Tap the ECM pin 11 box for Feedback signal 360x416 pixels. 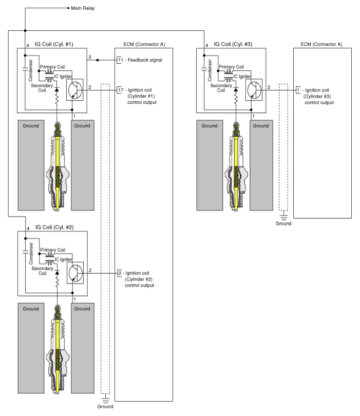[120, 60]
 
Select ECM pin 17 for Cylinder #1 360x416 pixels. [120, 88]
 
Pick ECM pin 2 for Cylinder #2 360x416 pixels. [120, 273]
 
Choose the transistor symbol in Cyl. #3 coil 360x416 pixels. [257, 88]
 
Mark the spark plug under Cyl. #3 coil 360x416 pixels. [236, 167]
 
